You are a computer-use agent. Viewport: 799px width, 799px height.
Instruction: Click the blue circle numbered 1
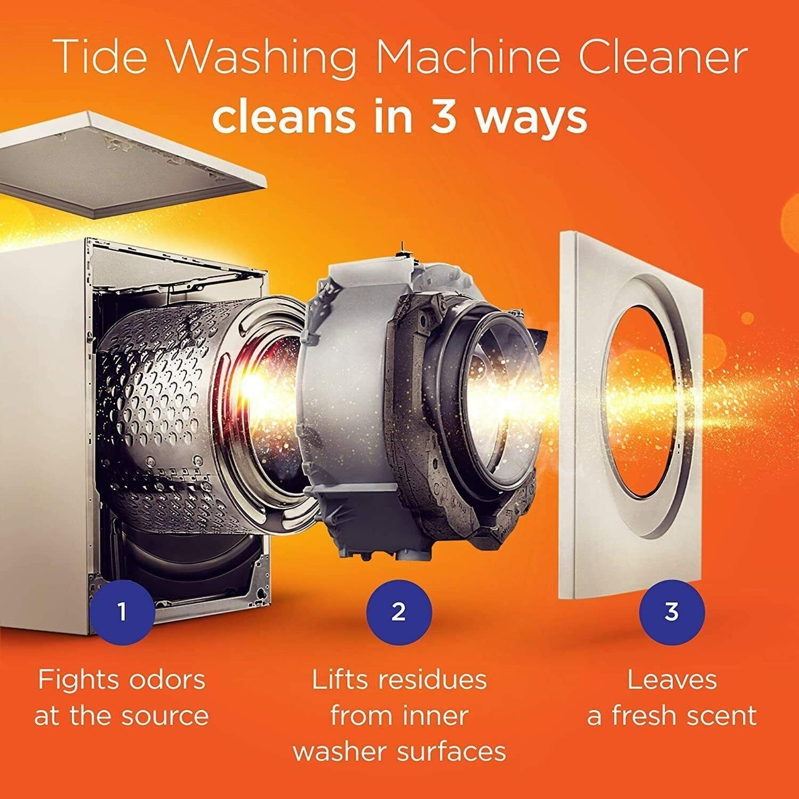[122, 612]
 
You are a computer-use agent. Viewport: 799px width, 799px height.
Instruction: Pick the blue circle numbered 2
[399, 612]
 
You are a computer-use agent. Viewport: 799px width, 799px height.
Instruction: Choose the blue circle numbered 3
[671, 612]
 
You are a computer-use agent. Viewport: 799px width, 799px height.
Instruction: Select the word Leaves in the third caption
[672, 680]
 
